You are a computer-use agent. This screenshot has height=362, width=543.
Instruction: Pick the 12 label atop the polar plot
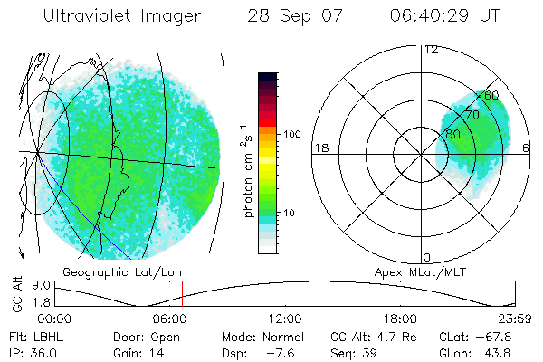pyautogui.click(x=431, y=49)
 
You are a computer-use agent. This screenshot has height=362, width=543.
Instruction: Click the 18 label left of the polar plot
pyautogui.click(x=319, y=148)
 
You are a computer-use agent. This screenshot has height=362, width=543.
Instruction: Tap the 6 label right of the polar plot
pyautogui.click(x=526, y=148)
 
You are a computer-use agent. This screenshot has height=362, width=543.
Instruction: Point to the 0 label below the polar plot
pyautogui.click(x=427, y=257)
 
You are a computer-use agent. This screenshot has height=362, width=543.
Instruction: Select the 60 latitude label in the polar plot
pyautogui.click(x=491, y=95)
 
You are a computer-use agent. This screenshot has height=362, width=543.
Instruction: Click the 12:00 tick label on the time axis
pyautogui.click(x=286, y=319)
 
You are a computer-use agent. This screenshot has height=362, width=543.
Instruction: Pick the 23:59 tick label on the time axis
pyautogui.click(x=515, y=319)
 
